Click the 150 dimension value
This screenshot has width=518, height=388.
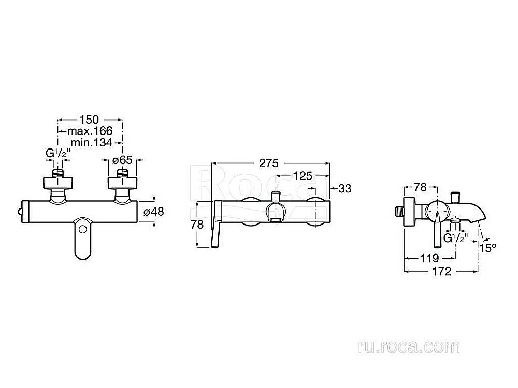(89, 120)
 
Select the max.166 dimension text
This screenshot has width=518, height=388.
(90, 131)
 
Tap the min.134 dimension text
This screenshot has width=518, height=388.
(92, 143)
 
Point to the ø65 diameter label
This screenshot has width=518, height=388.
(122, 160)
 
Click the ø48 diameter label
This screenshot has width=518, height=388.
(154, 212)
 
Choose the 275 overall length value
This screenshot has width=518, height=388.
(268, 163)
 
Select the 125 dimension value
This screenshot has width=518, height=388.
(303, 176)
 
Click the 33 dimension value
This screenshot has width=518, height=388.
(345, 189)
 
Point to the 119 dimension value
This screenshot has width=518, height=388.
(429, 258)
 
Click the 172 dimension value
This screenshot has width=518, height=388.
(442, 271)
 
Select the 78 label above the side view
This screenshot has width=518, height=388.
(420, 187)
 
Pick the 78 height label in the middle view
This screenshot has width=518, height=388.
(197, 225)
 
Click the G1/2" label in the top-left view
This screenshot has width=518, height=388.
(58, 154)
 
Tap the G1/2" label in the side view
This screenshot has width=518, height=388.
(456, 238)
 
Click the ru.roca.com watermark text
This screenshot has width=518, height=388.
(409, 347)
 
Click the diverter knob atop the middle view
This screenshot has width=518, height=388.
(276, 196)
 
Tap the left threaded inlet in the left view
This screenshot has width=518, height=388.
(58, 174)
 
